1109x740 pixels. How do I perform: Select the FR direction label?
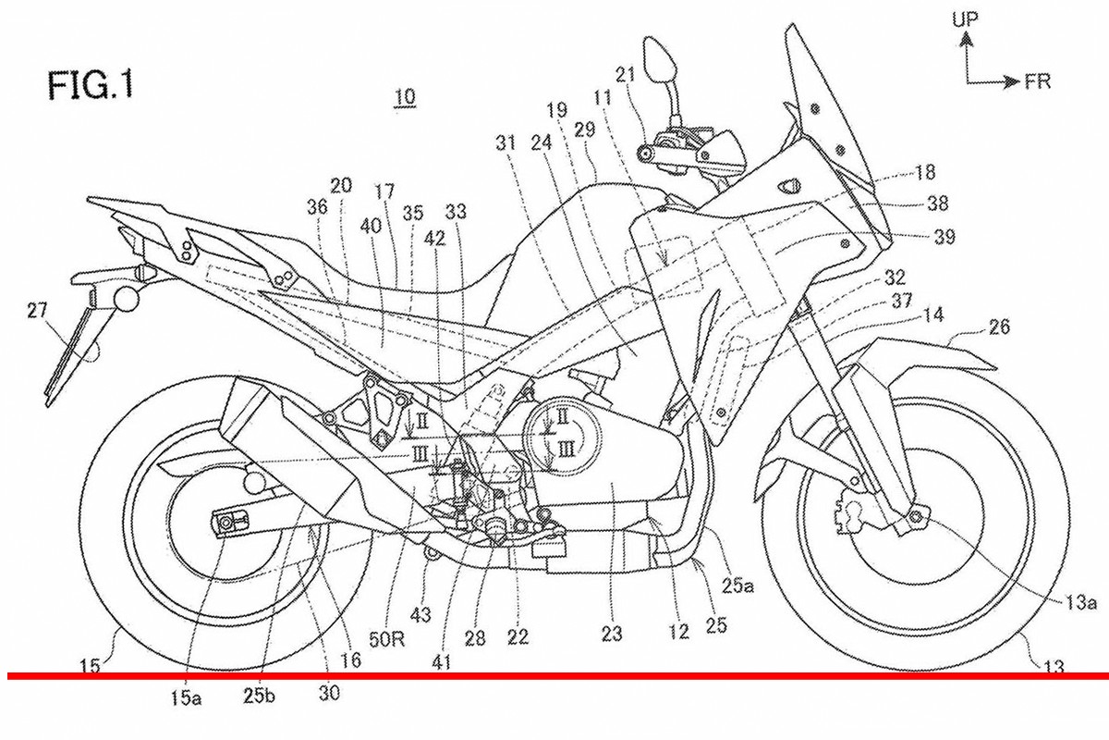[1037, 82]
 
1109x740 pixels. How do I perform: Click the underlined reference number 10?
[404, 96]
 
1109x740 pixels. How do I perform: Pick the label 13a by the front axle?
[1079, 603]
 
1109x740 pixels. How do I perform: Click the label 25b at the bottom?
[262, 698]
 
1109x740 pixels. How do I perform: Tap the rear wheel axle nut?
[226, 524]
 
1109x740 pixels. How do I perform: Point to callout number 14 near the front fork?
[932, 315]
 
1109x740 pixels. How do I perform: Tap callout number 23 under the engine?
[611, 635]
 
